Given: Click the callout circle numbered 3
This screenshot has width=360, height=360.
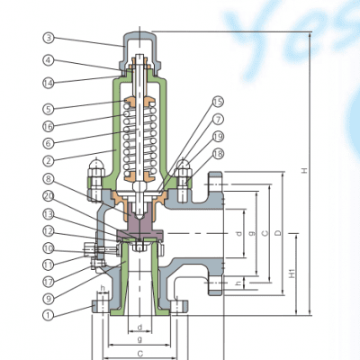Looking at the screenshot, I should [x=49, y=38].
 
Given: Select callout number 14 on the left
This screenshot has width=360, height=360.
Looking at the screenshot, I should [x=49, y=84].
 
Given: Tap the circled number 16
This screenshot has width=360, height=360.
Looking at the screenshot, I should [x=49, y=126].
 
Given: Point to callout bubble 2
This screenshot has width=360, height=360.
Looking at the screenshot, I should [x=49, y=161].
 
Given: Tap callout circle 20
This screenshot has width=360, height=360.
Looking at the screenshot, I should [x=49, y=196].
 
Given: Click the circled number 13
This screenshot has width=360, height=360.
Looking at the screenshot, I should [x=49, y=213].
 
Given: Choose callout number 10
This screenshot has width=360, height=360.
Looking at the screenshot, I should [x=49, y=247].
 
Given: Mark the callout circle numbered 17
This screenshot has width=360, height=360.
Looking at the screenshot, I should [x=49, y=281].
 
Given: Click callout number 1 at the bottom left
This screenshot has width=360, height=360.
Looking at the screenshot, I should [x=49, y=315].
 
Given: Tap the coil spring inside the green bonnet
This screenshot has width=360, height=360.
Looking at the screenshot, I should [x=139, y=135].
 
